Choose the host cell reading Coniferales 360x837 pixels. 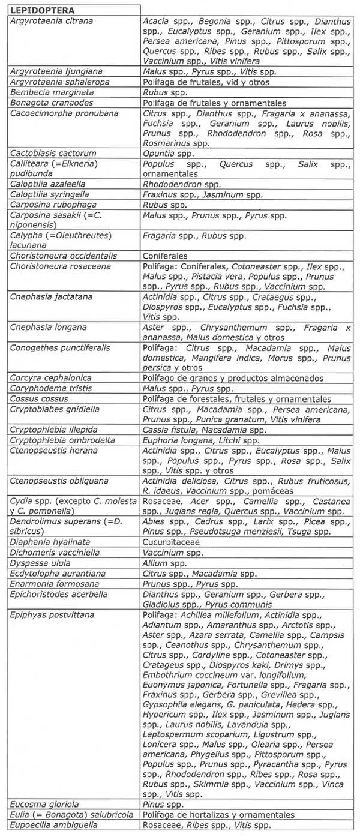(165, 256)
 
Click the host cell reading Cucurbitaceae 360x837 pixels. (171, 542)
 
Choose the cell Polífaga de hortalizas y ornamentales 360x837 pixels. (218, 814)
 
